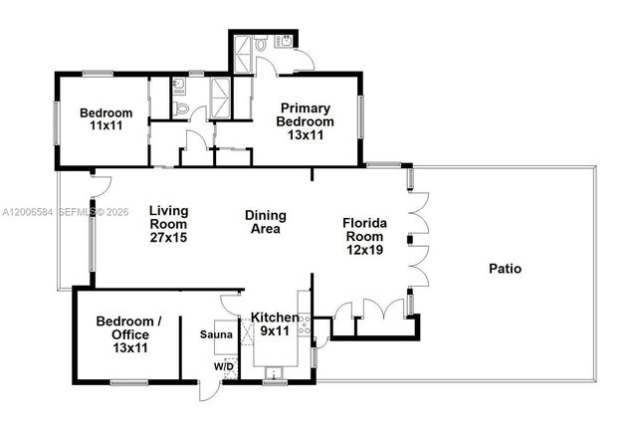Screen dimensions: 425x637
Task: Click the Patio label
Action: (x=506, y=269)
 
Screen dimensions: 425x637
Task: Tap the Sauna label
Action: (x=217, y=335)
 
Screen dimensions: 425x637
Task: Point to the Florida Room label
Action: (x=364, y=236)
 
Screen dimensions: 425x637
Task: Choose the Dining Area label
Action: (x=266, y=221)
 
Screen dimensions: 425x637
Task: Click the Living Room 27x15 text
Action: (x=168, y=224)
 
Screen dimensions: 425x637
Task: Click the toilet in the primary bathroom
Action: (x=261, y=45)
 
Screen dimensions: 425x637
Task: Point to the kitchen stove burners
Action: (x=307, y=325)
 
